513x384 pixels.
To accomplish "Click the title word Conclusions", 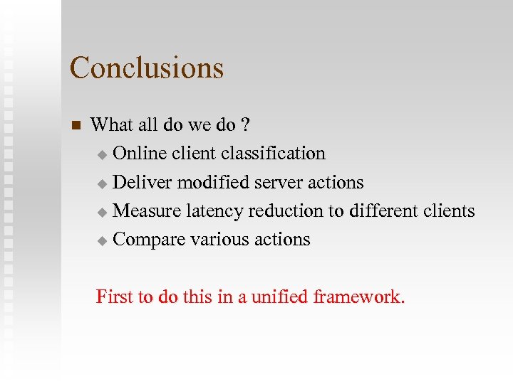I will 147,68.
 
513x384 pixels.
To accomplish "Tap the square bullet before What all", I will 77,126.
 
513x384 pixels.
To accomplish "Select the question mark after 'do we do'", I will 245,125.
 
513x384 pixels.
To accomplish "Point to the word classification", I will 273,154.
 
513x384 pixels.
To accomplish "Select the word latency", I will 215,211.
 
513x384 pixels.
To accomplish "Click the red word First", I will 115,297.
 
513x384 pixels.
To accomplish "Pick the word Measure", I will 147,211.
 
